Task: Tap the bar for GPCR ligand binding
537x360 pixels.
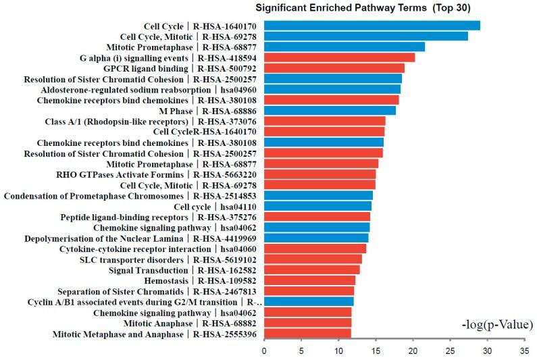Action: [334, 68]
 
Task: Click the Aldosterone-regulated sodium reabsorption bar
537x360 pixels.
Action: [332, 89]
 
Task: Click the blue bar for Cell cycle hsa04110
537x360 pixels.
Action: [317, 206]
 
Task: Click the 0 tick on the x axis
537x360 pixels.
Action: [264, 351]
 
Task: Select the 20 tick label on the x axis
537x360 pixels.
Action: [412, 351]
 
